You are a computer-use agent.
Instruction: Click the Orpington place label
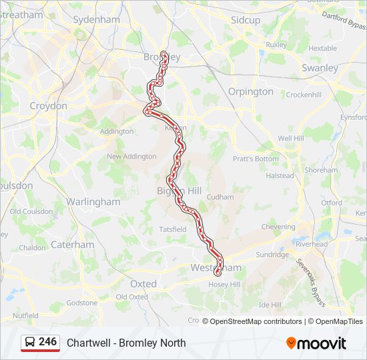click(x=251, y=91)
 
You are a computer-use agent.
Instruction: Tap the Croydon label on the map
click(x=48, y=106)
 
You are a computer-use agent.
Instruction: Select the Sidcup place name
click(x=246, y=20)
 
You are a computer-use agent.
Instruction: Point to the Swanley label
click(x=320, y=68)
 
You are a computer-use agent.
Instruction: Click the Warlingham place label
click(x=93, y=201)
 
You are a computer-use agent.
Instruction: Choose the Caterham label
click(x=73, y=245)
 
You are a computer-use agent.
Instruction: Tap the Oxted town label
click(x=143, y=284)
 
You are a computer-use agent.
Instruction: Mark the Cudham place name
click(x=220, y=197)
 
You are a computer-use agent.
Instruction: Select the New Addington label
click(x=131, y=157)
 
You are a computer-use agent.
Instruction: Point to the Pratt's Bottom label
click(x=256, y=159)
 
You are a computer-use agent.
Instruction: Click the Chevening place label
click(x=278, y=227)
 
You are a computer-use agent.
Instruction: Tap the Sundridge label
click(x=272, y=255)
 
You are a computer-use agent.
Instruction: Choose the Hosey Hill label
click(x=225, y=285)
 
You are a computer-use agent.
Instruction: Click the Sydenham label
click(x=96, y=20)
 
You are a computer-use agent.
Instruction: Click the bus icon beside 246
click(x=30, y=343)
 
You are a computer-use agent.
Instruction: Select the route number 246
click(x=47, y=342)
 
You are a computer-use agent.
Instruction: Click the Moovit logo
click(x=316, y=343)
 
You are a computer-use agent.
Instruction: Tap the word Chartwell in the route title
click(x=87, y=343)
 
